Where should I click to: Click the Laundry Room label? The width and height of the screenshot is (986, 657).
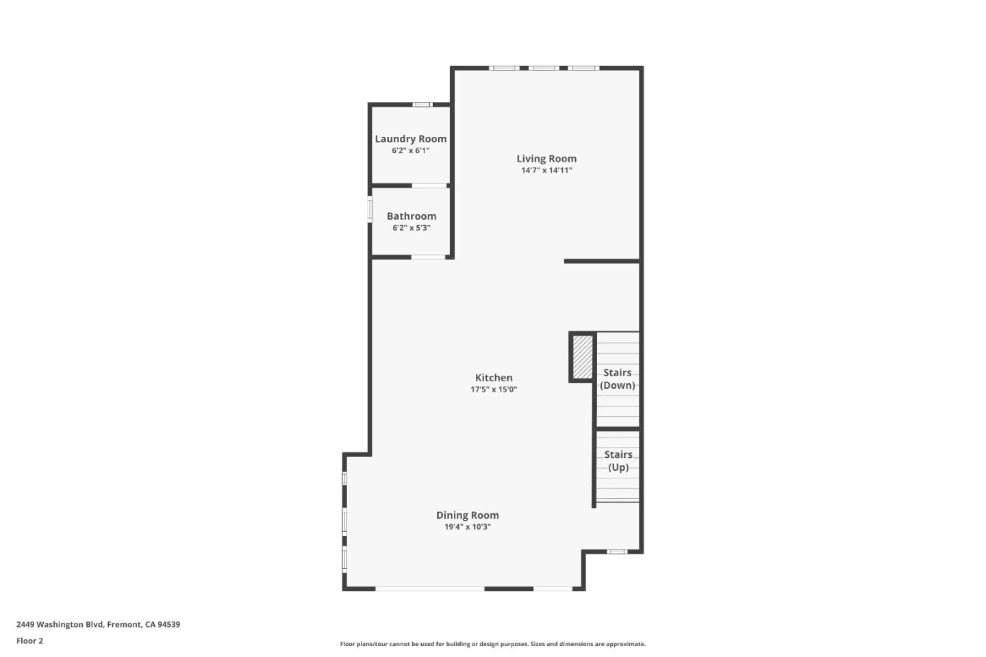[x=410, y=139]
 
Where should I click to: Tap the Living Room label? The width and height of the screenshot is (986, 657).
[x=546, y=159]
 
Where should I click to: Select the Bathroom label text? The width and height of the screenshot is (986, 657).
[x=411, y=216]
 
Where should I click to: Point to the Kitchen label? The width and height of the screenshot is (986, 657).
[x=494, y=378]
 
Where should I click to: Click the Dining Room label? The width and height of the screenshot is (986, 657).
[x=468, y=515]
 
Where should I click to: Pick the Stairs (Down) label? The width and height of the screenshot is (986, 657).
[x=618, y=378]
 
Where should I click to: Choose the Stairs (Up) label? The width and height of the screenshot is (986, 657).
[x=618, y=461]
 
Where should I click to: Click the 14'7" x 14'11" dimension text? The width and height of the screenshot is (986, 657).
[x=546, y=170]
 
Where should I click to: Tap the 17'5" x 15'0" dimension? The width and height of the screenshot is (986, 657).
[x=494, y=389]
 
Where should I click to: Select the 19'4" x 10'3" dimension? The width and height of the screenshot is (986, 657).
[x=468, y=527]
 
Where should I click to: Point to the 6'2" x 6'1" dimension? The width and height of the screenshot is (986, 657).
[x=410, y=151]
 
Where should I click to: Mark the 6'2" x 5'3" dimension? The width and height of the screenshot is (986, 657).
[x=411, y=228]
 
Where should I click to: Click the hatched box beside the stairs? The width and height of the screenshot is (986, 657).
[x=583, y=357]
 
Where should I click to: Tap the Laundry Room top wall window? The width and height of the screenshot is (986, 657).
[x=422, y=105]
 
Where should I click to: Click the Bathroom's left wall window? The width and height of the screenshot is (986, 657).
[x=370, y=209]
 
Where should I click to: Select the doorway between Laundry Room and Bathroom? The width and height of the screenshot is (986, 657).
[x=429, y=185]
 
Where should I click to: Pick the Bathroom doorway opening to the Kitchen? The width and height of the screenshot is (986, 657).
[x=429, y=257]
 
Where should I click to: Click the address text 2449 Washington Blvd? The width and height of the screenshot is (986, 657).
[x=98, y=624]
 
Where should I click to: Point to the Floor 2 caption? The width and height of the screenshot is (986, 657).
[x=29, y=641]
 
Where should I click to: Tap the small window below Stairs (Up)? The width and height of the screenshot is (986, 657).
[x=616, y=552]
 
